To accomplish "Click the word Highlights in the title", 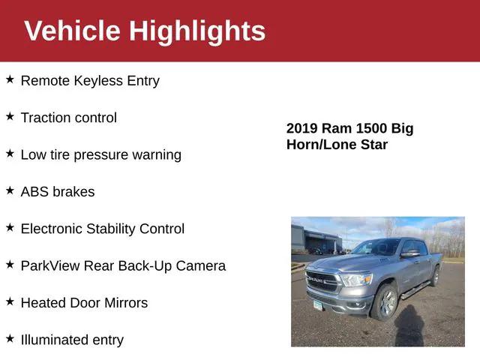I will [x=197, y=31].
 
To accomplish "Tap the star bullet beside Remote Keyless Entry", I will [x=10, y=79].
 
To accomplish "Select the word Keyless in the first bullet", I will [x=98, y=81].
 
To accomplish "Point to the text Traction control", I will [x=68, y=118].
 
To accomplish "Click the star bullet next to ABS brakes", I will [x=10, y=190].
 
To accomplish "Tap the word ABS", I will [x=34, y=192].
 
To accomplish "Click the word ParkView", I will [x=49, y=266].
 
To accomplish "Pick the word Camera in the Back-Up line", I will [x=201, y=266].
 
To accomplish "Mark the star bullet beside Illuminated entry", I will [x=10, y=338].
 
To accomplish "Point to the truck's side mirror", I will [x=409, y=254].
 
